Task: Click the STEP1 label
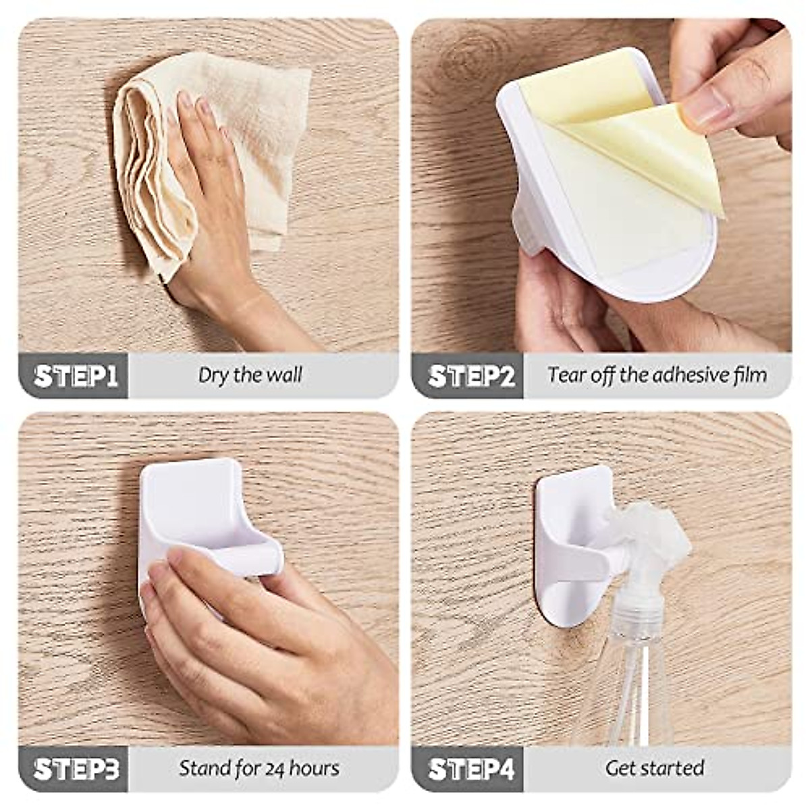pyautogui.click(x=76, y=376)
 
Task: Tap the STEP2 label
pyautogui.click(x=471, y=376)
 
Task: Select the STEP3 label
pyautogui.click(x=76, y=769)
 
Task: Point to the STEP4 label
pyautogui.click(x=471, y=769)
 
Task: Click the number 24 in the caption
pyautogui.click(x=275, y=768)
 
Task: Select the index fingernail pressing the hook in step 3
pyautogui.click(x=177, y=557)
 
